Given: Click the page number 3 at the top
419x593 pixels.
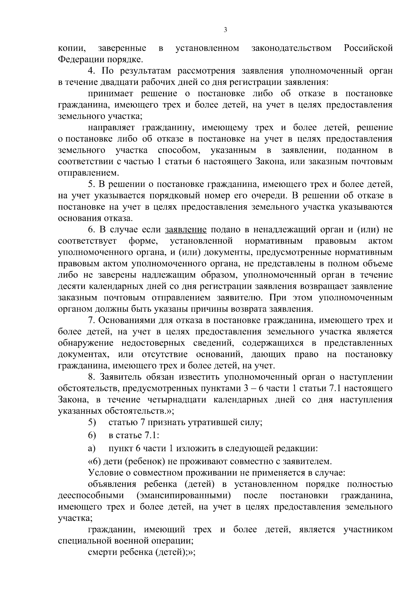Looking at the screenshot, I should point(225,30).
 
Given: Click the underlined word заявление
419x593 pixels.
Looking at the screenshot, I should point(186,230).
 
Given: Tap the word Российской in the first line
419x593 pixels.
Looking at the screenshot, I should point(368,48).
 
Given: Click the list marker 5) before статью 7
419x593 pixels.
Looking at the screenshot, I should point(92,422).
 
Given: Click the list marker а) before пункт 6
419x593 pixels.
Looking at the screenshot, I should point(91,448).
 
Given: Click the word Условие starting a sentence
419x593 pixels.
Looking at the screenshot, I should point(103,473).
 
